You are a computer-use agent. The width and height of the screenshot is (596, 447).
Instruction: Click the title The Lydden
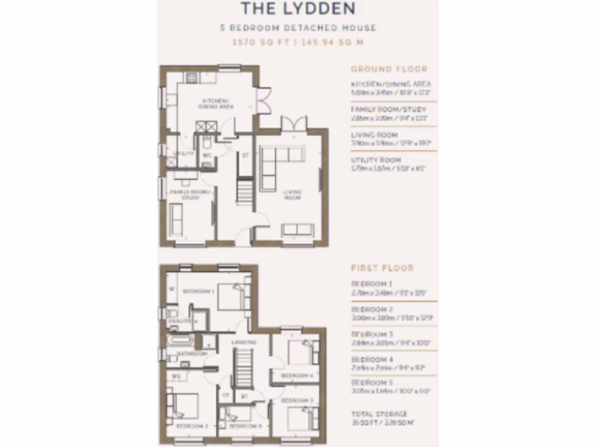(x=297, y=9)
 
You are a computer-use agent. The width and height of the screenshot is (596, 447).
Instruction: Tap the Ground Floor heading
(x=389, y=69)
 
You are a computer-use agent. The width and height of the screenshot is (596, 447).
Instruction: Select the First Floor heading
(x=382, y=268)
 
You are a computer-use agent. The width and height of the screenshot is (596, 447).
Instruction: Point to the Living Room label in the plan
(x=292, y=194)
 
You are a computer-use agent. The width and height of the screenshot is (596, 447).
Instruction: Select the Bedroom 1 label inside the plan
(x=198, y=291)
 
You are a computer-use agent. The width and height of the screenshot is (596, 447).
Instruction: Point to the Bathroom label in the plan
(x=192, y=353)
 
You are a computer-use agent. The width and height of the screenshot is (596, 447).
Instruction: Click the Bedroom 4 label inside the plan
(x=297, y=375)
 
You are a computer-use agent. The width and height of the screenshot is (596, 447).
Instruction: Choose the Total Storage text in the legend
(x=379, y=414)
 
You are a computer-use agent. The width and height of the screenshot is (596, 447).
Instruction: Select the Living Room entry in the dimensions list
(x=374, y=134)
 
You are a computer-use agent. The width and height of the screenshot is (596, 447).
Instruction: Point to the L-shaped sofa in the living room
(x=276, y=163)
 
